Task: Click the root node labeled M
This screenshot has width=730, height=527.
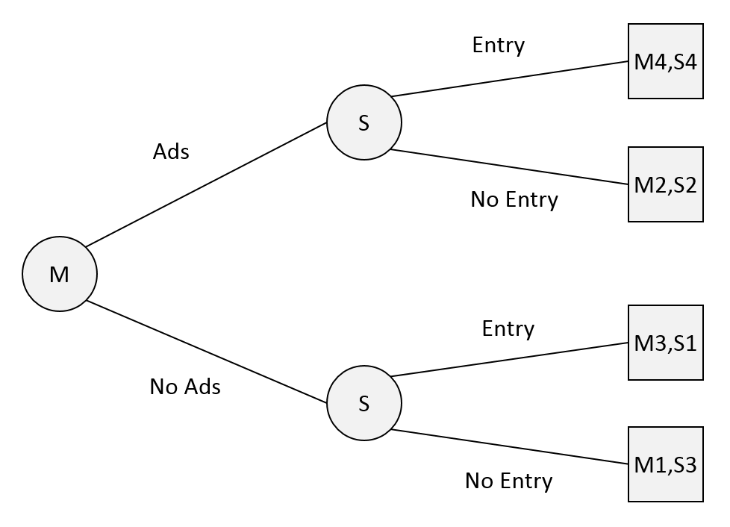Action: pyautogui.click(x=60, y=274)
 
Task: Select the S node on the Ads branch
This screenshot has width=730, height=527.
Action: pyautogui.click(x=364, y=122)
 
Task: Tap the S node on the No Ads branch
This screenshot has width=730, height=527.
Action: pyautogui.click(x=364, y=402)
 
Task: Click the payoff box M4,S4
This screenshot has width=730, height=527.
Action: pyautogui.click(x=665, y=61)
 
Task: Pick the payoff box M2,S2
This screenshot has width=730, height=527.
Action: pyautogui.click(x=665, y=184)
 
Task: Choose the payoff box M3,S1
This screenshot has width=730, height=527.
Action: pyautogui.click(x=665, y=343)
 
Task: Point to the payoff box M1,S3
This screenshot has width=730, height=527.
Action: pyautogui.click(x=665, y=464)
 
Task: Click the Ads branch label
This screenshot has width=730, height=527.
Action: pyautogui.click(x=171, y=152)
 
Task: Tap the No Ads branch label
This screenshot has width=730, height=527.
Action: pyautogui.click(x=185, y=387)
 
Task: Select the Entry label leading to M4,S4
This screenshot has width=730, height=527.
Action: pyautogui.click(x=498, y=46)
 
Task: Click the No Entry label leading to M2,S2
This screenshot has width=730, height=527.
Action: pyautogui.click(x=514, y=200)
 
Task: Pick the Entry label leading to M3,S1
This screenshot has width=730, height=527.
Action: pyautogui.click(x=508, y=329)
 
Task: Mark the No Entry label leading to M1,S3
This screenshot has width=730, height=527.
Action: pyautogui.click(x=508, y=481)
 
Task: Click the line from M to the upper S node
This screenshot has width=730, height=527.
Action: pyautogui.click(x=206, y=184)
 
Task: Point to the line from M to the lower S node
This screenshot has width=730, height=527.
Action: pyautogui.click(x=207, y=352)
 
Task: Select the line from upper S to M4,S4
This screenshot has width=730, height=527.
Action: pyautogui.click(x=510, y=78)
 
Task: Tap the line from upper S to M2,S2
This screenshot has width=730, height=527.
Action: pyautogui.click(x=510, y=166)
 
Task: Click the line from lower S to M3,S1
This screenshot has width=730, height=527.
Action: pyautogui.click(x=510, y=359)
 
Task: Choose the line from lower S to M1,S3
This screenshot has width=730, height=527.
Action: pyautogui.click(x=510, y=446)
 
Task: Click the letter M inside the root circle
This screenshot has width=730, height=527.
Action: pyautogui.click(x=59, y=274)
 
